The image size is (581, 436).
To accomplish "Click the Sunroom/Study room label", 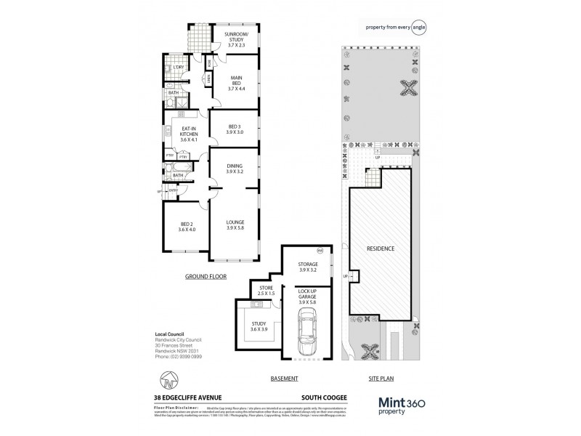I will pos(237,39).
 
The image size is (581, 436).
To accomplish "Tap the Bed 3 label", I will pos(234,129).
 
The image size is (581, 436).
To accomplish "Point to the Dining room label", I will pos(234,169).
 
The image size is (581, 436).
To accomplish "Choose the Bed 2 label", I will pos(178,226).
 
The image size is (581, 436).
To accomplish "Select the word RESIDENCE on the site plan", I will pos(381,249).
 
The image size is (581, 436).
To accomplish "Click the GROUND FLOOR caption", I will pos(206,277).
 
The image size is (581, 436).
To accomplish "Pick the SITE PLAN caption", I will pos(380,379).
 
